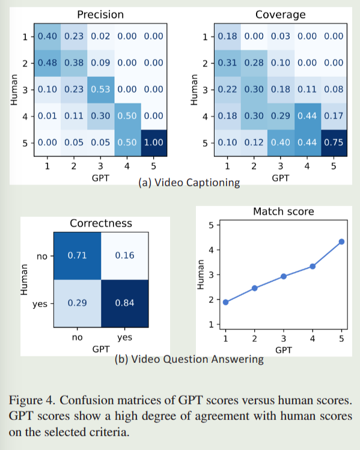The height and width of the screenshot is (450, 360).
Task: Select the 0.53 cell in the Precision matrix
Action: [x=100, y=89]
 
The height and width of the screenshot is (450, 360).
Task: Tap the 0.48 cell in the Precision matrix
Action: [x=47, y=62]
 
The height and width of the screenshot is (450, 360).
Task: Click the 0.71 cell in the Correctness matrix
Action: [x=77, y=255]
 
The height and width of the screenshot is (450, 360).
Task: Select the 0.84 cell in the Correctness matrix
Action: [x=124, y=302]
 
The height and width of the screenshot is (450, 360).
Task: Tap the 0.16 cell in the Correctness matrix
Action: [x=124, y=255]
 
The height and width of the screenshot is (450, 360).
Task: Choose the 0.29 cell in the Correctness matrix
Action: [x=77, y=302]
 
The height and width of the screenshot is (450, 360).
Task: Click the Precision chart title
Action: [x=100, y=14]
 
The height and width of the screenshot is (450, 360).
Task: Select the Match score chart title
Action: [x=283, y=211]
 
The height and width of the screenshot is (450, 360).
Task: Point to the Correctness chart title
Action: [x=101, y=223]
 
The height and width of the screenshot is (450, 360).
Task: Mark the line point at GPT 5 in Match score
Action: [x=341, y=242]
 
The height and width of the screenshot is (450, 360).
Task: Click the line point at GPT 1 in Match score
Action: [x=225, y=302]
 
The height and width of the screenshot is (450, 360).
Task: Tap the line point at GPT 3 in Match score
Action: [x=283, y=276]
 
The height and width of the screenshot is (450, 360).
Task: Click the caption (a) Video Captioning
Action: [x=189, y=182]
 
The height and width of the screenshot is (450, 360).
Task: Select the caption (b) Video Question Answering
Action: [x=189, y=359]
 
